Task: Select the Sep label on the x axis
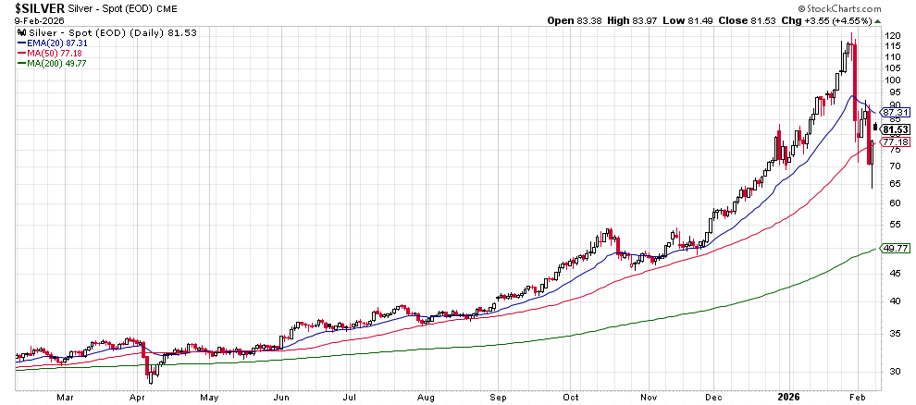coord(502,398)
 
